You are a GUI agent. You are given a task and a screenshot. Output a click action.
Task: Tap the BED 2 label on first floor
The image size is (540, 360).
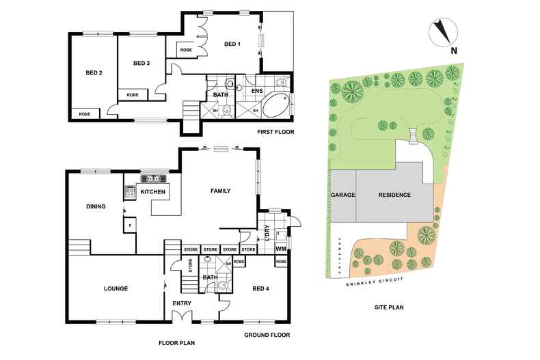pyautogui.click(x=94, y=73)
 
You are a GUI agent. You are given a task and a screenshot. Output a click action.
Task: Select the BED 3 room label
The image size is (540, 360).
pyautogui.click(x=141, y=64)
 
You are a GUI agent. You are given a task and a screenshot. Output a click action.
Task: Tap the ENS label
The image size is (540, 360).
pyautogui.click(x=257, y=90)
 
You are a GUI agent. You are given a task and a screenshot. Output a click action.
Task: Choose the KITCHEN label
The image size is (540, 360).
pyautogui.click(x=153, y=193)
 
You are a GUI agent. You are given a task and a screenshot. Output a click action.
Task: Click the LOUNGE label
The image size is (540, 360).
pyautogui.click(x=116, y=289)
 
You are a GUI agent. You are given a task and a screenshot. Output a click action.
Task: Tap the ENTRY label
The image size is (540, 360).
pyautogui.click(x=182, y=303)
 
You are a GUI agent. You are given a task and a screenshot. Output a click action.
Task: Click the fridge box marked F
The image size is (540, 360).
pyautogui.click(x=129, y=225)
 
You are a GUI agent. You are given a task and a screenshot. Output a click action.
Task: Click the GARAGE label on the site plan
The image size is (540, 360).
pyautogui.click(x=343, y=195)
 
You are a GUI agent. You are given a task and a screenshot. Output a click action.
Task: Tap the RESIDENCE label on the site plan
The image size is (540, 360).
pyautogui.click(x=395, y=195)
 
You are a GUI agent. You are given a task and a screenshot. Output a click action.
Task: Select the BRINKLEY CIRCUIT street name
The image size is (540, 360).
pyautogui.click(x=373, y=281)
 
